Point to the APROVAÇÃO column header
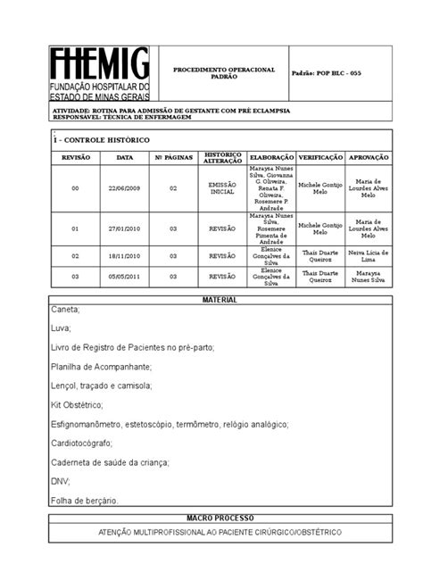368,156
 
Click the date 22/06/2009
125,188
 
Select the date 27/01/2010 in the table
125,228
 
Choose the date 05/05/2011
125,277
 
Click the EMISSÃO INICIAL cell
222,188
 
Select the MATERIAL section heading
219,300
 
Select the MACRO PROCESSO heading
220,518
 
